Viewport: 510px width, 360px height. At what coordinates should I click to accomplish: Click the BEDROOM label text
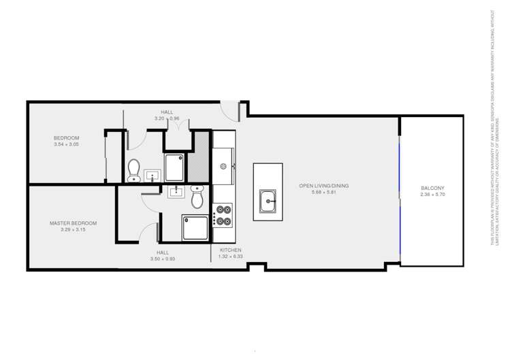click(67, 138)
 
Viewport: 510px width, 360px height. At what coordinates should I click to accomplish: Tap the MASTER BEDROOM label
click(73, 223)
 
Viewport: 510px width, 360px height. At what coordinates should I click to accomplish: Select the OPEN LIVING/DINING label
click(324, 186)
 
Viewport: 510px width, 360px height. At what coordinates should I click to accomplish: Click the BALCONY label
click(432, 188)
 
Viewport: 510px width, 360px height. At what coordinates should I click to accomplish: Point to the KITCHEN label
click(230, 250)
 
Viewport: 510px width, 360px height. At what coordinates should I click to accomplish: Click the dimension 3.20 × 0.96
click(167, 118)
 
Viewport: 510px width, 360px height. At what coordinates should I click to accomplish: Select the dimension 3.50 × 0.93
click(163, 259)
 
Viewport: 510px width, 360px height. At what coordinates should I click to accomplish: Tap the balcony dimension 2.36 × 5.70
click(432, 195)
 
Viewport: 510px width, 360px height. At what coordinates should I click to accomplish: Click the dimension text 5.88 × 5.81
click(324, 193)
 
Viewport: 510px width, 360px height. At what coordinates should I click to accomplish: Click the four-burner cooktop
click(223, 215)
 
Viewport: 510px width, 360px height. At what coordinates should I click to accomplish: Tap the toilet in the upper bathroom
click(133, 167)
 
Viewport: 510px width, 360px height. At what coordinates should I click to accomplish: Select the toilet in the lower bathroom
click(197, 198)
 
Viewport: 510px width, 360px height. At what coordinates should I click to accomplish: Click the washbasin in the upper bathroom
click(151, 176)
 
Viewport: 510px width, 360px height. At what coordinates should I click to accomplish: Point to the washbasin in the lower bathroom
click(176, 191)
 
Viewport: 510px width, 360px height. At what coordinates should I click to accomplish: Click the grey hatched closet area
click(201, 156)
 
